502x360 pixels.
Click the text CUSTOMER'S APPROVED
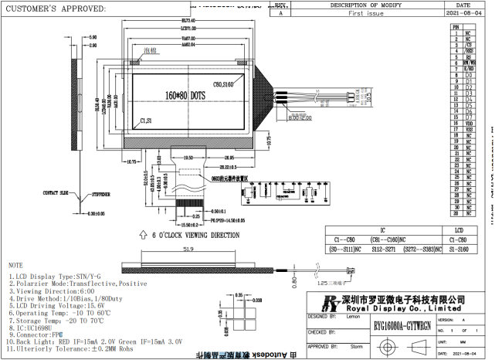point(56,8)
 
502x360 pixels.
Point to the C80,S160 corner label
point(226,83)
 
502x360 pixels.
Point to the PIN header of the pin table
point(456,27)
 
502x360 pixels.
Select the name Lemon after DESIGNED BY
point(354,317)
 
